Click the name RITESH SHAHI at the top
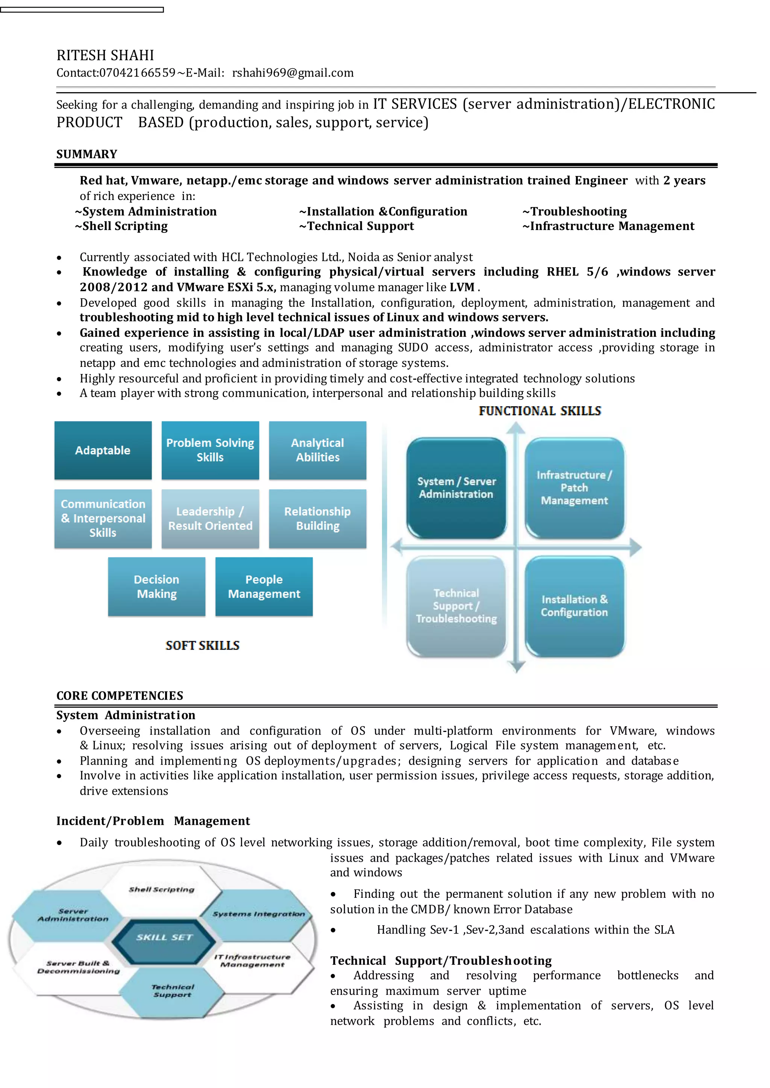pyautogui.click(x=105, y=56)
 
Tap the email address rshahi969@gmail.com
pyautogui.click(x=293, y=73)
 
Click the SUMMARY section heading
pyautogui.click(x=87, y=154)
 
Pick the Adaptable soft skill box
pyautogui.click(x=103, y=450)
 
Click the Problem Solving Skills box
pyautogui.click(x=210, y=450)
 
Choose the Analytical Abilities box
pyautogui.click(x=318, y=450)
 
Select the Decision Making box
pyautogui.click(x=156, y=586)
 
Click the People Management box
pyautogui.click(x=264, y=586)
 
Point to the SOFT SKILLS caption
pyautogui.click(x=202, y=645)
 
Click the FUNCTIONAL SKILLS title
pyautogui.click(x=540, y=411)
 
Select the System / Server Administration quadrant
pyautogui.click(x=456, y=488)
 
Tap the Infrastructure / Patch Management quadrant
pyautogui.click(x=574, y=488)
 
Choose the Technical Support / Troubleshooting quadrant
pyautogui.click(x=456, y=606)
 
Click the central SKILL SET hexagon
pyautogui.click(x=164, y=937)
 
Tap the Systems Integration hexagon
pyautogui.click(x=258, y=914)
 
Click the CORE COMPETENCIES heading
pyautogui.click(x=120, y=696)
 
